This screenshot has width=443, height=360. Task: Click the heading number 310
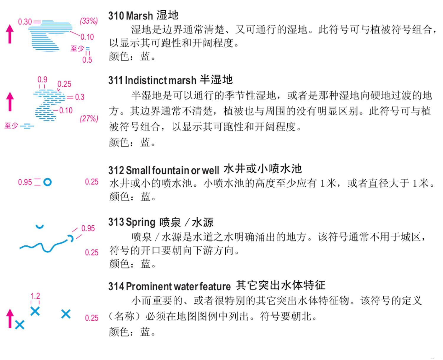coord(116,16)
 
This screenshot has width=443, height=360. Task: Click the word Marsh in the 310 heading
coord(139,16)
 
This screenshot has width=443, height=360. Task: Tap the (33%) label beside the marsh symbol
coord(89,21)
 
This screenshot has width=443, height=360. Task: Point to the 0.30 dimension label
coord(25,22)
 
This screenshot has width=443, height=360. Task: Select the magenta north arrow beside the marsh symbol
coord(10,34)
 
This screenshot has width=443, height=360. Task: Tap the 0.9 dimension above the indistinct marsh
coord(42,79)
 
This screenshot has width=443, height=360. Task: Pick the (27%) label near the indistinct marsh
coord(89,118)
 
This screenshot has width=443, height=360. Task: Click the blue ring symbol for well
coord(48,182)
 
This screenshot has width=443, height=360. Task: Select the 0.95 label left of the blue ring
coord(25,182)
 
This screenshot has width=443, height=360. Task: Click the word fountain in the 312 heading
coord(170,170)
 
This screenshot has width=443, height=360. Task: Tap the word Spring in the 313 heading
coord(141,222)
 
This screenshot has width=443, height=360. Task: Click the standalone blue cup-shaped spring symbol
coord(40,226)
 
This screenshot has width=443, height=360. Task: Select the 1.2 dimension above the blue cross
coord(35,296)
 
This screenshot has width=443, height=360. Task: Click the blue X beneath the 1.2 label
coord(35,311)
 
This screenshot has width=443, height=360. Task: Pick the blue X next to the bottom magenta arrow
coord(20,325)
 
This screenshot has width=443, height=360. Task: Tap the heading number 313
coord(116,222)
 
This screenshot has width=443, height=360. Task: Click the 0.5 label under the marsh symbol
coord(87,60)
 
